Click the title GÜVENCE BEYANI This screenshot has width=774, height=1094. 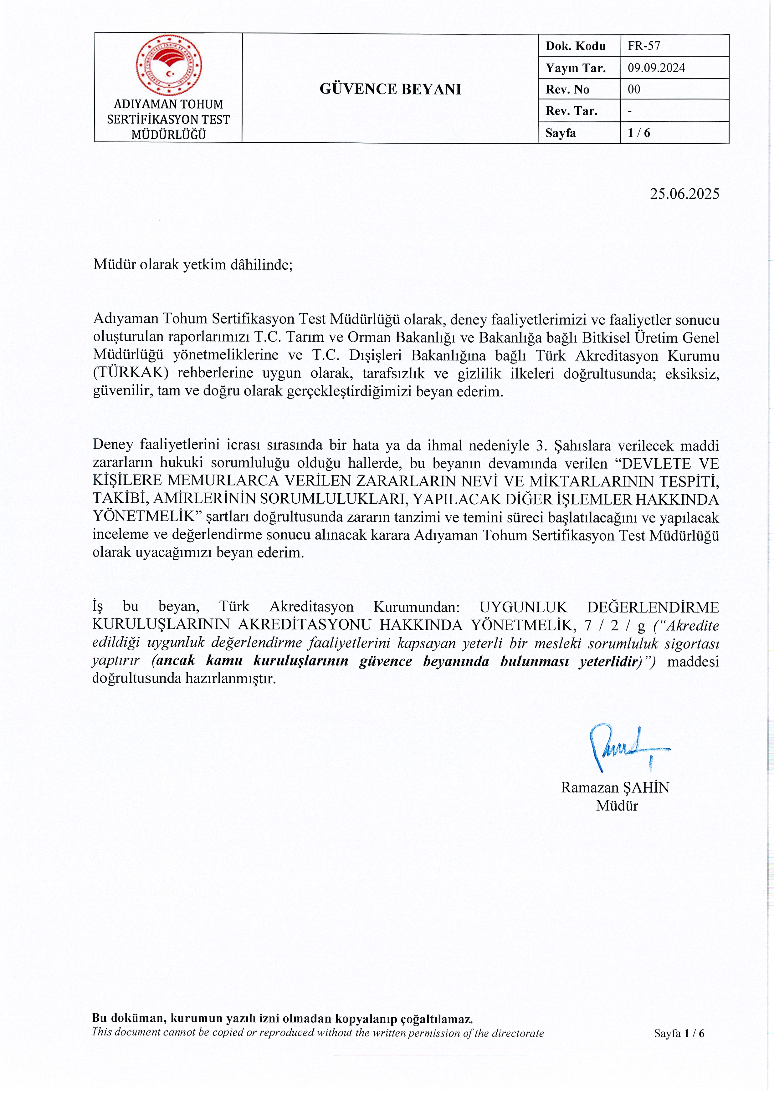pos(390,89)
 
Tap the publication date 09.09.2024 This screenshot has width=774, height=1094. pos(656,68)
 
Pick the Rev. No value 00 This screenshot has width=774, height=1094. pos(634,89)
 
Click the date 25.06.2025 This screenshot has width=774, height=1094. pos(684,194)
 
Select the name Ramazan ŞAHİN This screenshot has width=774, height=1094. pos(615,787)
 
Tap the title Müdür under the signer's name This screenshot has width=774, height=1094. pos(617,805)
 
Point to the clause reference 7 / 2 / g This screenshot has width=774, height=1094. pos(615,625)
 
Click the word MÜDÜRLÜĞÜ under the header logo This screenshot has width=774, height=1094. pos(169,135)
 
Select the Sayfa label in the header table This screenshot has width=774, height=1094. pos(561,133)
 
